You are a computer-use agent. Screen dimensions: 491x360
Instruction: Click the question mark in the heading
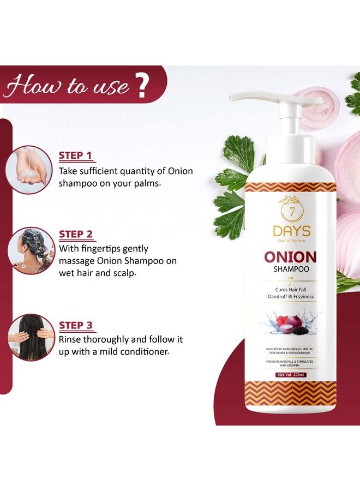(x=143, y=86)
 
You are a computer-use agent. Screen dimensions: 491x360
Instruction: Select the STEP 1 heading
(x=75, y=155)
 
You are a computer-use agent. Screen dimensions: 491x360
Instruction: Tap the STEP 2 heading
(x=75, y=234)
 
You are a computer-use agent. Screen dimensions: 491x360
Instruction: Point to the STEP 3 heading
(x=75, y=325)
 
